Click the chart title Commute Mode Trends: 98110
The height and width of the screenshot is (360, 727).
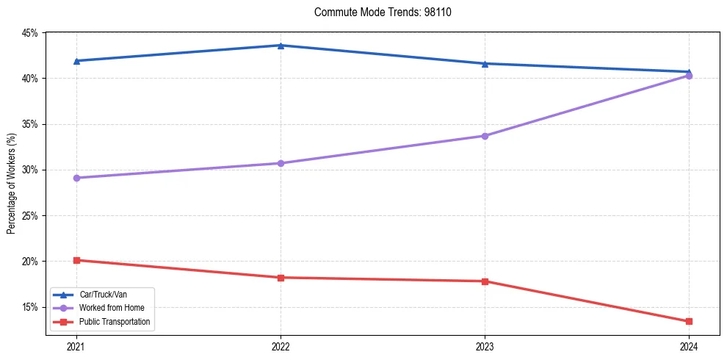click(377, 12)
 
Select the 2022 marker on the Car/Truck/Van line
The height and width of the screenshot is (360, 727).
click(281, 46)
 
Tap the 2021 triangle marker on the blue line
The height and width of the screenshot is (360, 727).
click(76, 61)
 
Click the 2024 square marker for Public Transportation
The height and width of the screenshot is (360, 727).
click(689, 321)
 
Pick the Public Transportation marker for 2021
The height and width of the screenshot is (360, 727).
click(76, 260)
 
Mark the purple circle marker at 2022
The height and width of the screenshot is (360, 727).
click(281, 163)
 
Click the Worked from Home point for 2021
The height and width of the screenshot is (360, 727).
click(76, 178)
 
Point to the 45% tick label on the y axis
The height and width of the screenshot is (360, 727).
click(30, 33)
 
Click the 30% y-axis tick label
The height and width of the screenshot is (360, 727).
click(30, 170)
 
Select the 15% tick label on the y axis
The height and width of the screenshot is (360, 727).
click(30, 307)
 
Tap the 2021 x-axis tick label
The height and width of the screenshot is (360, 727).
click(76, 345)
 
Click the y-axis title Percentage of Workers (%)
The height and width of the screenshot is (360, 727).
click(12, 184)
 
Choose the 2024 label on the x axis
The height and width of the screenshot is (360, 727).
click(689, 345)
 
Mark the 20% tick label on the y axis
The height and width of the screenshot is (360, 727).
click(30, 262)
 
